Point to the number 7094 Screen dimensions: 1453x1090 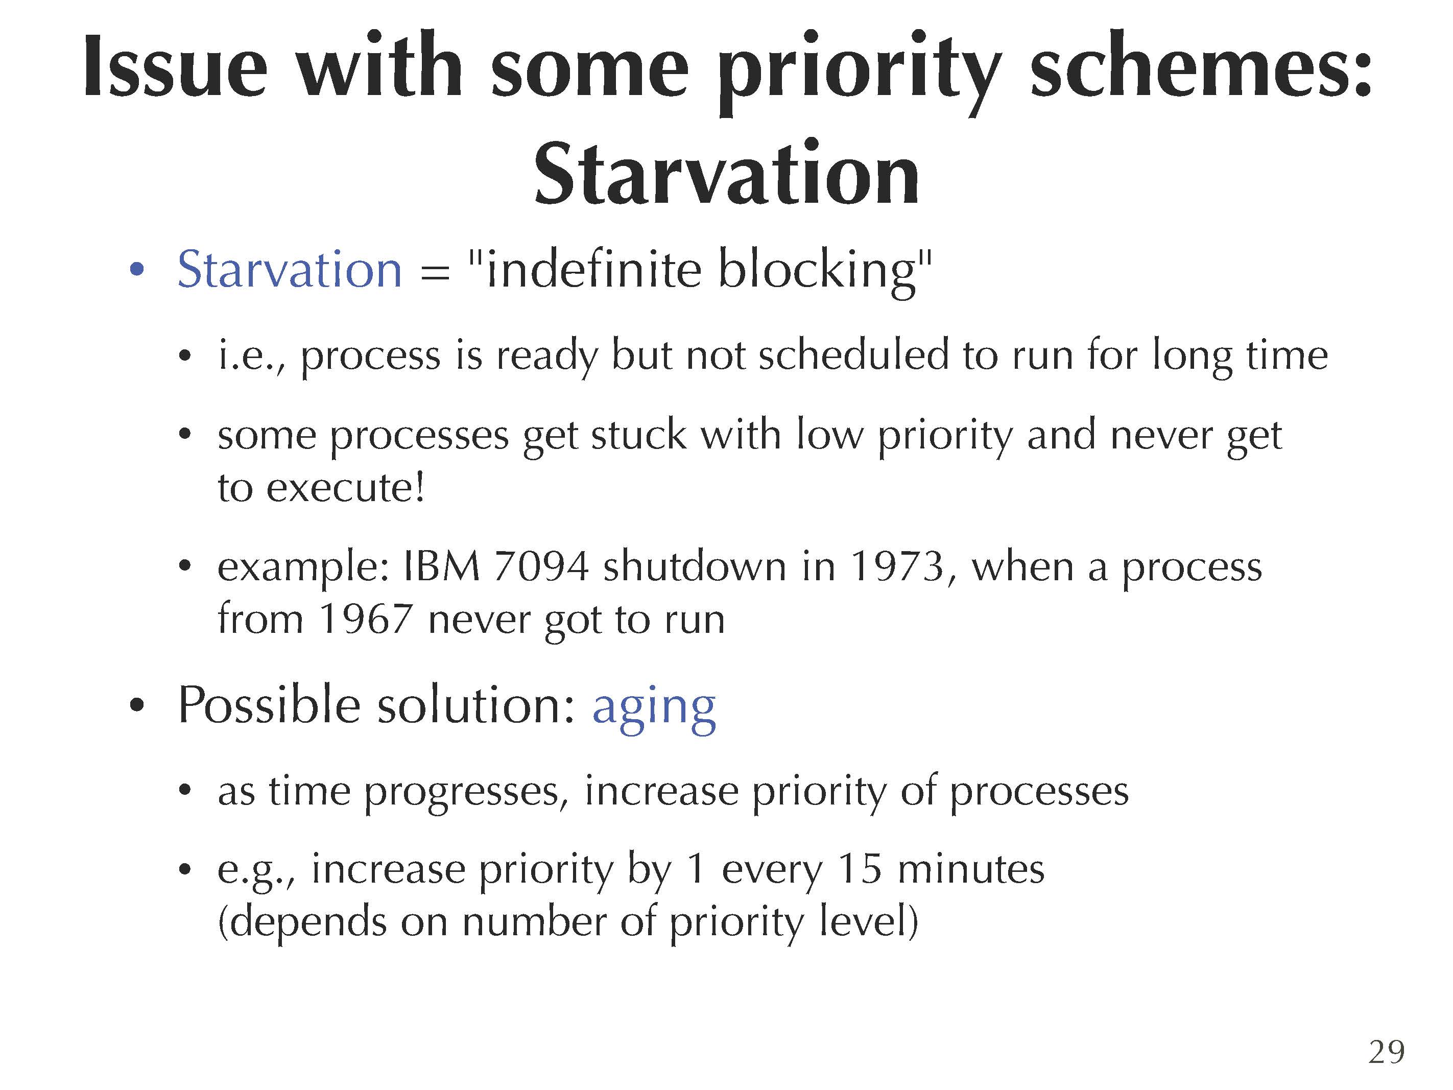(x=541, y=566)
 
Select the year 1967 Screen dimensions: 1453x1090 (x=365, y=619)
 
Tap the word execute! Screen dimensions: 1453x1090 (x=346, y=488)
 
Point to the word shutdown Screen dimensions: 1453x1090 (x=694, y=566)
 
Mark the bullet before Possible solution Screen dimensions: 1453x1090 (x=137, y=706)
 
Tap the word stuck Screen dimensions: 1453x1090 (x=638, y=435)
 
